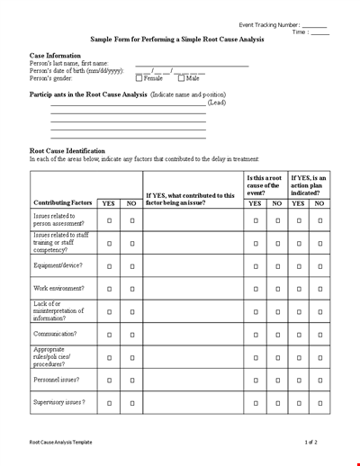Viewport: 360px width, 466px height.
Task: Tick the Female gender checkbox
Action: tap(139, 79)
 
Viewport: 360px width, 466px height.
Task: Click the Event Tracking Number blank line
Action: tap(314, 24)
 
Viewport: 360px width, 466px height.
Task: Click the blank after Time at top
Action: tap(319, 32)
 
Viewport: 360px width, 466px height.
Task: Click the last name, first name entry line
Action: tap(192, 65)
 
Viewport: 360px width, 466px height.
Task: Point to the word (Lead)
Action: tap(217, 103)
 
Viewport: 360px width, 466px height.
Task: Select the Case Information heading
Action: tap(55, 55)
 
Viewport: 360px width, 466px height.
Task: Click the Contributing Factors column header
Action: tap(62, 203)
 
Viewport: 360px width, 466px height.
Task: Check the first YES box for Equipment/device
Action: tap(109, 266)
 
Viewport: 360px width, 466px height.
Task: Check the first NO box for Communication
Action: tap(131, 334)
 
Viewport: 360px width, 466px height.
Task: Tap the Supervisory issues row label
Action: tap(59, 402)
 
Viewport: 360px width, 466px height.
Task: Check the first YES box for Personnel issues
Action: tap(109, 381)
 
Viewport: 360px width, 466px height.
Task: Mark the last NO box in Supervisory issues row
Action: tap(319, 403)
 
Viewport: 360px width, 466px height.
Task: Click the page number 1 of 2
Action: tap(310, 443)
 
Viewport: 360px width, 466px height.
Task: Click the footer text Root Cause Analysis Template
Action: tap(60, 443)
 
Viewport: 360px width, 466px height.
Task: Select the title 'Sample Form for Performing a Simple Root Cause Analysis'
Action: tap(179, 40)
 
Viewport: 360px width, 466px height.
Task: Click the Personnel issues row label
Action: tap(57, 380)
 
